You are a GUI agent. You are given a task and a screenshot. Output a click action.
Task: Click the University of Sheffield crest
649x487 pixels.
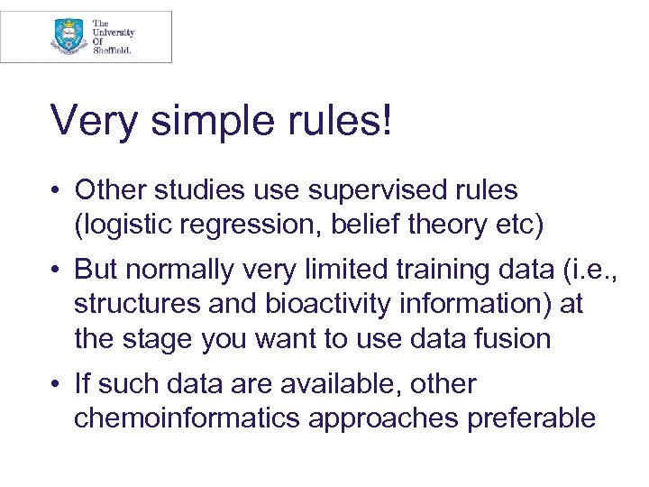pyautogui.click(x=69, y=36)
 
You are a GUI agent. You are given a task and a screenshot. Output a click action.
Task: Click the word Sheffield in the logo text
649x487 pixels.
pyautogui.click(x=112, y=51)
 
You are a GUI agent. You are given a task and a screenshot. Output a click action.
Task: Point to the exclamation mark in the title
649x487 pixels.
pyautogui.click(x=386, y=121)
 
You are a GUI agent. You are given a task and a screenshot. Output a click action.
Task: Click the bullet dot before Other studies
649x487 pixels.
pyautogui.click(x=57, y=191)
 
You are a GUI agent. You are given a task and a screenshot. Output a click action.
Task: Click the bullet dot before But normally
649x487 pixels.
pyautogui.click(x=57, y=270)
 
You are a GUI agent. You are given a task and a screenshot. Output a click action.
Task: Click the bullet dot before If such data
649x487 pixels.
pyautogui.click(x=57, y=385)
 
